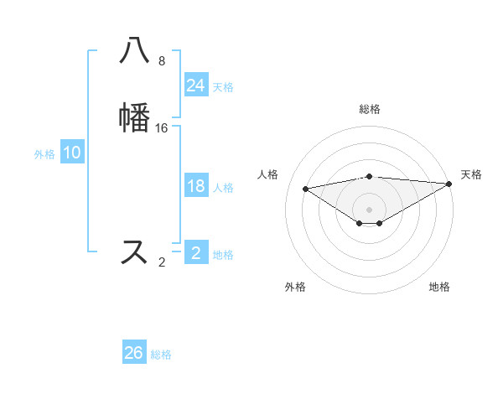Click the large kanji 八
(135, 51)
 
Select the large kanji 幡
(135, 117)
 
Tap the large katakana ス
(135, 251)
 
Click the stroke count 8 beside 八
(162, 61)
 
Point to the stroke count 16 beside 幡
(162, 127)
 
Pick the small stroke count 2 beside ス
(162, 262)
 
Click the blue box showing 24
(196, 85)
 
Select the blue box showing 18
(196, 186)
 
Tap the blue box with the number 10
(72, 153)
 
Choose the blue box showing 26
(134, 353)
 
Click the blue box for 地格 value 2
(196, 252)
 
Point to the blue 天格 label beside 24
(223, 86)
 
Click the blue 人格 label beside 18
(223, 188)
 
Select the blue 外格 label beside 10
(44, 154)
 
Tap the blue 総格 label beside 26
(161, 355)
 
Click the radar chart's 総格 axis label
(370, 109)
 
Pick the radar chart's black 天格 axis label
(471, 174)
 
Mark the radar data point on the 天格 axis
(450, 184)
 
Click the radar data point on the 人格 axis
(305, 188)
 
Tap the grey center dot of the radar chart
(370, 209)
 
